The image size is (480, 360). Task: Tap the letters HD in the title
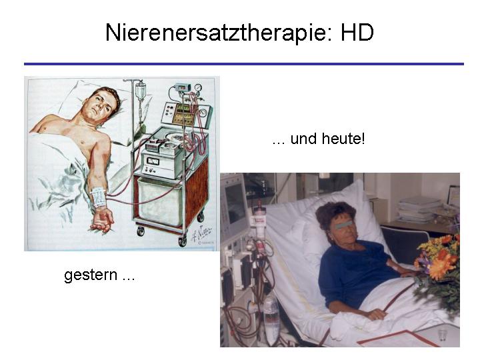click(357, 32)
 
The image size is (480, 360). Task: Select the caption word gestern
click(91, 275)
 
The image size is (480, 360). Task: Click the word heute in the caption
click(343, 139)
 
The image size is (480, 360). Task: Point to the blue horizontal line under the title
click(244, 64)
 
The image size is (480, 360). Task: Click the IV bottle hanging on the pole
click(141, 91)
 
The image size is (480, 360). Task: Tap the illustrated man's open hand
click(103, 220)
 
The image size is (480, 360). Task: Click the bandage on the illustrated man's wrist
click(99, 197)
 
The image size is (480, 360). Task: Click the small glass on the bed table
click(441, 335)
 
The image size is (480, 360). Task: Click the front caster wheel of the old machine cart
click(183, 241)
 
